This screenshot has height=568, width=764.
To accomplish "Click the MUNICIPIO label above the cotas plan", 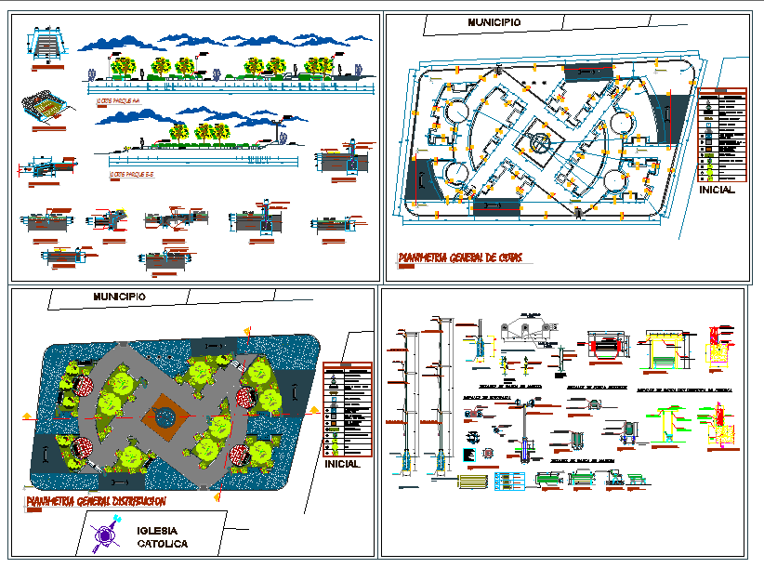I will tap(494, 22).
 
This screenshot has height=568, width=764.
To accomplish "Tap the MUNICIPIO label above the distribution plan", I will tap(118, 297).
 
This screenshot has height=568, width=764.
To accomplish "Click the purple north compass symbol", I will tap(105, 535).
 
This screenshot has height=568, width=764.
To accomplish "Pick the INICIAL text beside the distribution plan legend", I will tap(343, 463).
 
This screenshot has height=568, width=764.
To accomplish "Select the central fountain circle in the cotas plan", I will tap(538, 144).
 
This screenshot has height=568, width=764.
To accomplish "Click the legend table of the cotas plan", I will tap(722, 135).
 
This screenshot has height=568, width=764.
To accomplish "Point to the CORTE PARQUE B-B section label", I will tap(130, 174).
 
